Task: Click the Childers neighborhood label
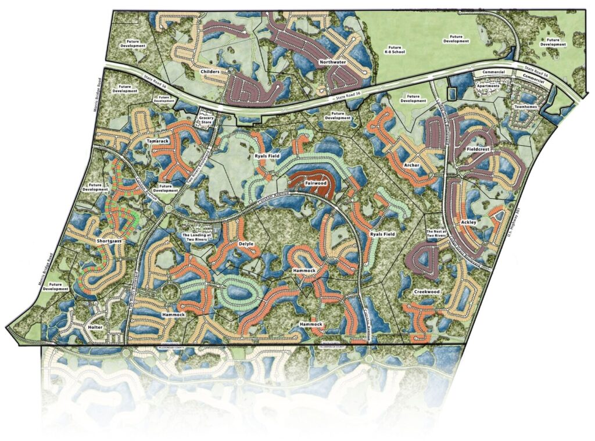point(210,71)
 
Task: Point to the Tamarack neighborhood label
point(157,142)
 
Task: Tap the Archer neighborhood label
point(412,166)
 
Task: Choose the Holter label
point(94,328)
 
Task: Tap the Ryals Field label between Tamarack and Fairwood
point(268,157)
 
